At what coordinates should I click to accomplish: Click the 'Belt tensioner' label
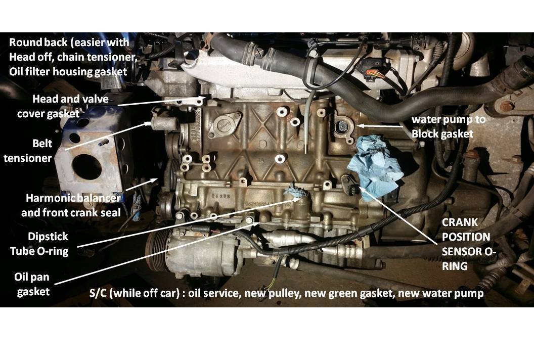pos(28,151)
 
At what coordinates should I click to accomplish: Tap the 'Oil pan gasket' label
pos(33,284)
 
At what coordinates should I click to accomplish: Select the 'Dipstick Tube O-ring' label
pos(39,244)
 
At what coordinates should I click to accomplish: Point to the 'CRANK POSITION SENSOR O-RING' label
pos(469,244)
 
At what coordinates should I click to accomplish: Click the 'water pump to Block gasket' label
pos(449,127)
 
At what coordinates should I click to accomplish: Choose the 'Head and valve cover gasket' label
pos(63,106)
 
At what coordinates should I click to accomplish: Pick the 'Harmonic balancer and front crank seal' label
pos(71,205)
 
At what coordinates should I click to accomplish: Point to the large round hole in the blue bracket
pos(87,167)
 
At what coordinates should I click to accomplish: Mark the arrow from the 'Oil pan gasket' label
pos(157,253)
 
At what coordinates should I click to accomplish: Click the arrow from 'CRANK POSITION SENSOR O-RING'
pos(397,214)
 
